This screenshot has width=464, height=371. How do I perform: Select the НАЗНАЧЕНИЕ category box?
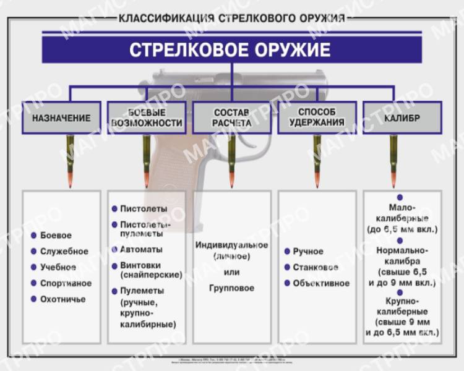coord(61,118)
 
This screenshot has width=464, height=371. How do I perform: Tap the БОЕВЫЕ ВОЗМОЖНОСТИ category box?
coord(147,118)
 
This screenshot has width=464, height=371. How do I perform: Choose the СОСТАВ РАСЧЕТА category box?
coord(231,118)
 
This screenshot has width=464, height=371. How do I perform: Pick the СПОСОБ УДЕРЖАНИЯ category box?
coord(317,118)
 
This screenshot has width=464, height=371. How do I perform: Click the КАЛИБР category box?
coord(402,118)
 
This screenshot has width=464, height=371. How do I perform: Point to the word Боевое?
coord(56,236)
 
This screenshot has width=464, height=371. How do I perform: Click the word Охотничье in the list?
coord(62,299)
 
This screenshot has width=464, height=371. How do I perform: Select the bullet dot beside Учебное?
coord(33,267)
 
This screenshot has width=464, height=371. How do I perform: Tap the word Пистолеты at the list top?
coord(144,209)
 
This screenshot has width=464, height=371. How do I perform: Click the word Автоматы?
coord(141,249)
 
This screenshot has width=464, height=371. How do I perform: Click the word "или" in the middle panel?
coord(231,272)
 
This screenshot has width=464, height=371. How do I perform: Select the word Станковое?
coord(316,268)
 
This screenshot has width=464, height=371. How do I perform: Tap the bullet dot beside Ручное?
coord(287,252)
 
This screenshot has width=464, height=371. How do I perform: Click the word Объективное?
coord(321,284)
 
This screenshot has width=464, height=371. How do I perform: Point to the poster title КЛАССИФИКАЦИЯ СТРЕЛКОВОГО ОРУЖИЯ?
coord(231,18)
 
